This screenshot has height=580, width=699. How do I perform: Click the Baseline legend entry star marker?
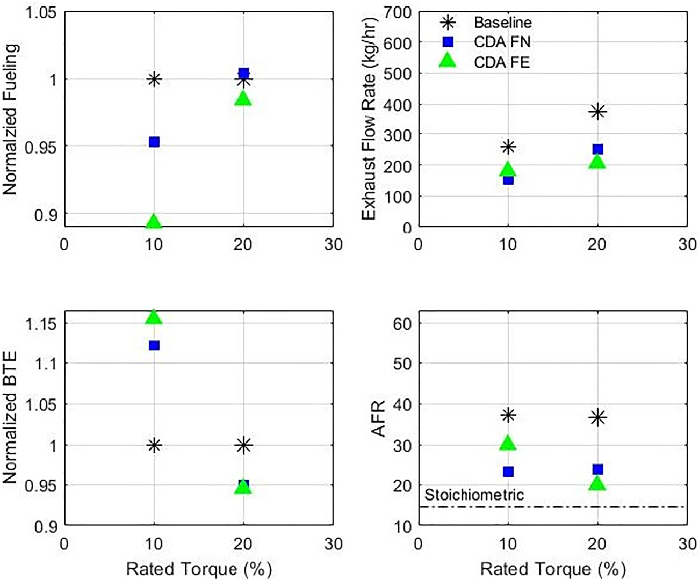tap(448, 23)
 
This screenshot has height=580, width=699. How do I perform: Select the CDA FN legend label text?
tap(502, 42)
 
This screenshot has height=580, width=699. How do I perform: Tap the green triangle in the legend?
tap(448, 61)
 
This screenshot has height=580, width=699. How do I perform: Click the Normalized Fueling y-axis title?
tap(11, 119)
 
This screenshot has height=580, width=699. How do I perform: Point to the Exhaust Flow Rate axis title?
tap(369, 119)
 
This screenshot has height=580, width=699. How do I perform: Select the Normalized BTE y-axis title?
tap(11, 417)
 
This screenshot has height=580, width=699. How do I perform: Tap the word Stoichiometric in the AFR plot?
tap(474, 495)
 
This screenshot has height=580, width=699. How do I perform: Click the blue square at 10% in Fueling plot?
tap(154, 142)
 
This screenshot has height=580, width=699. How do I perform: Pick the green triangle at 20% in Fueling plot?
tap(243, 99)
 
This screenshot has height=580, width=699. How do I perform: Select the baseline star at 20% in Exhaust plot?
tap(597, 112)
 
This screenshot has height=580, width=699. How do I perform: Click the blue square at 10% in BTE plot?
tap(154, 345)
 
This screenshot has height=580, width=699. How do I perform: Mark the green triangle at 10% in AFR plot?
tap(508, 443)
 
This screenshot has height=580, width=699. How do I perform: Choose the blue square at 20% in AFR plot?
tap(597, 469)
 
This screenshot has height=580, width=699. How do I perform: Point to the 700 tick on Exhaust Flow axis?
tap(398, 12)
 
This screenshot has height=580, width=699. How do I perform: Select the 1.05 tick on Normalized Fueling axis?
tap(41, 12)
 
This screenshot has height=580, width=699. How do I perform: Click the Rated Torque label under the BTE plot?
tap(199, 569)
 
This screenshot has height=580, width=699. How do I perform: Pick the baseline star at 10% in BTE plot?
tap(154, 445)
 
